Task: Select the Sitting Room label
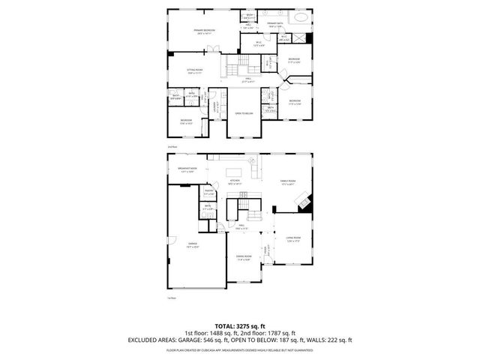[196, 71]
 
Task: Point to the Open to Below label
[243, 113]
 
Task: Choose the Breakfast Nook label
[187, 169]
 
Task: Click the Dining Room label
[243, 257]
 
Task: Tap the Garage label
[192, 244]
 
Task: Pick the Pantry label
[210, 193]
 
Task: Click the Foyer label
[265, 251]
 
